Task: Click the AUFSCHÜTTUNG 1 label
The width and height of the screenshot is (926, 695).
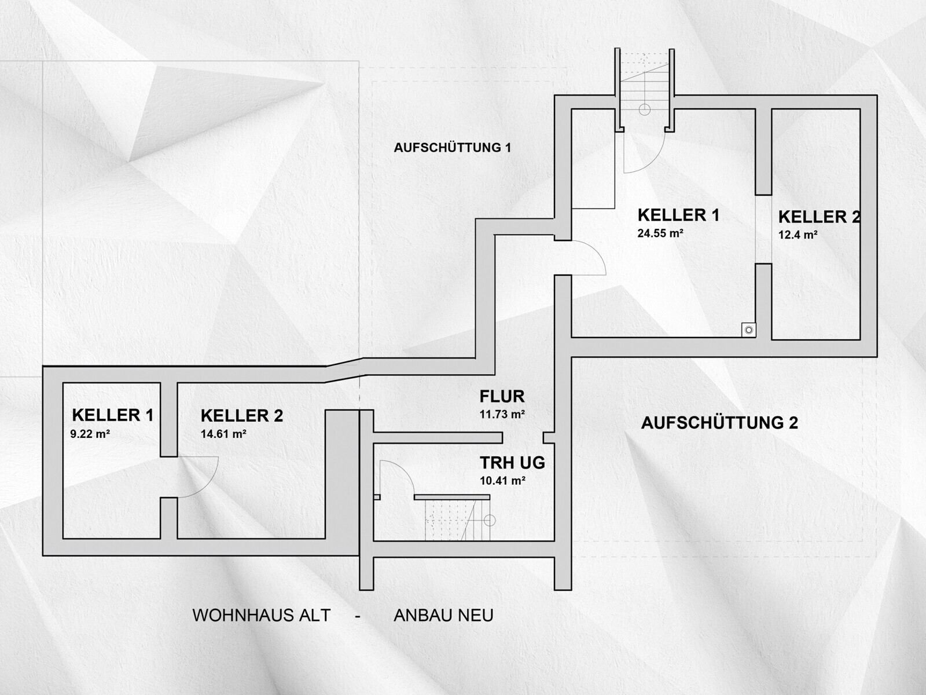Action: tap(452, 147)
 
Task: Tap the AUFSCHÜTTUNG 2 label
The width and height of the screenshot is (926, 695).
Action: tap(719, 422)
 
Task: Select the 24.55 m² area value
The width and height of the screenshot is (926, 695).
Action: tap(660, 233)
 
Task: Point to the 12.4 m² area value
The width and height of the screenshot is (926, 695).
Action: tap(798, 234)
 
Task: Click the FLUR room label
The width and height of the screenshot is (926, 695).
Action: tap(502, 397)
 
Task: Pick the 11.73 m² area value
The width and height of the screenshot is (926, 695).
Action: tap(502, 414)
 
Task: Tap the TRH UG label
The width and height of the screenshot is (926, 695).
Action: tap(512, 463)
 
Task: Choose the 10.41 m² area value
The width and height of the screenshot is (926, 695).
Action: tap(502, 481)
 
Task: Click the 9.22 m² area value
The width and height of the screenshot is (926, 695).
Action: tap(90, 434)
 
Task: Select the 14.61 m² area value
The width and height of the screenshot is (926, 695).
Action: tap(223, 434)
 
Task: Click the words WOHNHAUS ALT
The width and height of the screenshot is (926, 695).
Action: tap(262, 616)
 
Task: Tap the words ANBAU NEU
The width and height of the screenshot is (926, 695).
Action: tap(443, 616)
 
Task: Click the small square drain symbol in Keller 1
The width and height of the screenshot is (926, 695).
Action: tap(749, 330)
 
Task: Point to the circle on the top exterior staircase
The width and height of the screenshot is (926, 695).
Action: tap(644, 109)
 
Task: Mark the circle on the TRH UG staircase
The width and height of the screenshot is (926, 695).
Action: tap(490, 520)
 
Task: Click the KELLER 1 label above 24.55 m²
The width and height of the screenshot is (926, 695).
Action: tap(678, 215)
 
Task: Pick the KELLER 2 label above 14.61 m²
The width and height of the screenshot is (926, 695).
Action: tap(242, 416)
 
